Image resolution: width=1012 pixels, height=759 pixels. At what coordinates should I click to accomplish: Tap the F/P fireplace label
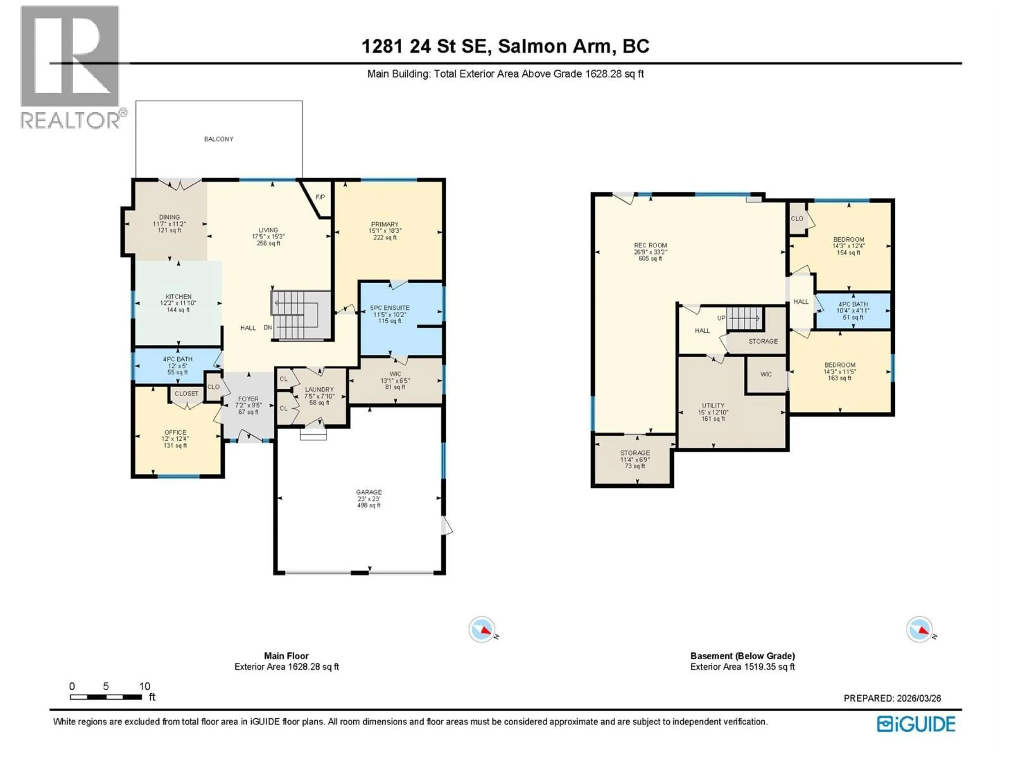point(320,197)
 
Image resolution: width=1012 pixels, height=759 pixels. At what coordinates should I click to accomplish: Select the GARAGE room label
point(369,492)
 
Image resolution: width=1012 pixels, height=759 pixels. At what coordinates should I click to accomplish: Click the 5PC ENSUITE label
point(390,308)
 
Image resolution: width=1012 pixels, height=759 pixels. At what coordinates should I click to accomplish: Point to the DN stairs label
point(268,328)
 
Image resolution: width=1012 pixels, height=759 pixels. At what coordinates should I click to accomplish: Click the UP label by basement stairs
point(721,318)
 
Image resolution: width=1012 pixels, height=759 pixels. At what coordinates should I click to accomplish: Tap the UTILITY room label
point(713,405)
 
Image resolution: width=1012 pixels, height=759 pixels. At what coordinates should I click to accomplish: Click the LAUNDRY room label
point(319,389)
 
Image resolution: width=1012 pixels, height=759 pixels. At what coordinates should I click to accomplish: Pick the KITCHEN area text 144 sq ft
point(178,310)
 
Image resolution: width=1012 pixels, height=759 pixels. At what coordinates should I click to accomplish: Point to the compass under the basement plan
point(919,630)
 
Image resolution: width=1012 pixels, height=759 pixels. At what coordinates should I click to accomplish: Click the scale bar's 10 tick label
point(145,686)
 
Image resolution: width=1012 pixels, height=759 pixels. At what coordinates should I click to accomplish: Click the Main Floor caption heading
point(286,656)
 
